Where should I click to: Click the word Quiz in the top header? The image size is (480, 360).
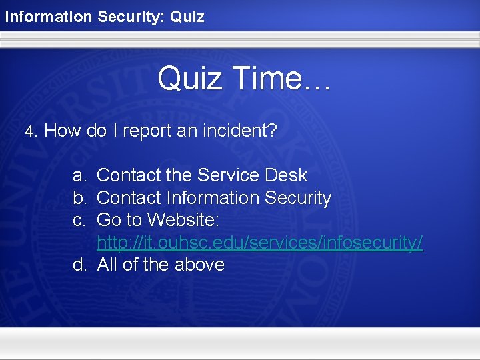tap(187, 16)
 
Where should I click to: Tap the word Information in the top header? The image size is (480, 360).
tap(49, 16)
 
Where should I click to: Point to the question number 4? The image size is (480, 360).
tap(29, 131)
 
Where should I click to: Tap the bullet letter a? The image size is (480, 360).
tap(79, 175)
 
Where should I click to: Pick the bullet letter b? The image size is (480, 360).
tap(79, 198)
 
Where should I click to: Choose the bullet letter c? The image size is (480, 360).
tap(79, 220)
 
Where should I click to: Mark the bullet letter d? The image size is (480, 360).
tap(79, 265)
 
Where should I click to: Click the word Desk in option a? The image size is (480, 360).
tap(286, 175)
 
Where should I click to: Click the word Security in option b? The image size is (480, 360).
tap(298, 198)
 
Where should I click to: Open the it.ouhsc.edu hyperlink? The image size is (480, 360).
tap(259, 243)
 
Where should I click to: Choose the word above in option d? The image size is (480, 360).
tap(199, 265)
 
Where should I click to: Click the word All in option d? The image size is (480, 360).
tap(107, 265)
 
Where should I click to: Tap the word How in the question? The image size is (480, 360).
tap(63, 131)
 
